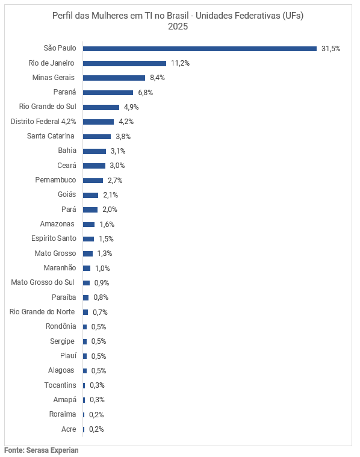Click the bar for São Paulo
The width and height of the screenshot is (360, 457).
pyautogui.click(x=199, y=48)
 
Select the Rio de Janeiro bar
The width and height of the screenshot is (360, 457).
pyautogui.click(x=124, y=63)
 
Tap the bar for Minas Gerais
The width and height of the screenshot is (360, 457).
pyautogui.click(x=114, y=78)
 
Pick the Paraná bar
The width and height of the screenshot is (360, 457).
pyautogui.click(x=108, y=92)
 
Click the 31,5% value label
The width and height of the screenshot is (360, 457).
pyautogui.click(x=331, y=48)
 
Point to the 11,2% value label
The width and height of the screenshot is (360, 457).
pyautogui.click(x=180, y=63)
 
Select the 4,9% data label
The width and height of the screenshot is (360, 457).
pyautogui.click(x=131, y=107)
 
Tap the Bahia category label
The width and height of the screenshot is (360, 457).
pyautogui.click(x=67, y=151)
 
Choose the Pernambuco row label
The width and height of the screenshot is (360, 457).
pyautogui.click(x=55, y=180)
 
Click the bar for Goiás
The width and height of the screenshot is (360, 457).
pyautogui.click(x=90, y=195)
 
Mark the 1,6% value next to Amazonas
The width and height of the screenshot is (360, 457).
pyautogui.click(x=107, y=224)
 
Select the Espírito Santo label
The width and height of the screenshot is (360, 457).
pyautogui.click(x=54, y=238)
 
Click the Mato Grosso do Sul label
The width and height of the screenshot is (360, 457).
pyautogui.click(x=43, y=282)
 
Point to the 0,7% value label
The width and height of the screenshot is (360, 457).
pyautogui.click(x=100, y=312)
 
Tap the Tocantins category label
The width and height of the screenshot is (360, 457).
pyautogui.click(x=60, y=385)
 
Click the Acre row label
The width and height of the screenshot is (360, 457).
pyautogui.click(x=69, y=429)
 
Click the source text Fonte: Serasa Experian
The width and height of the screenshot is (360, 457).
pyautogui.click(x=42, y=450)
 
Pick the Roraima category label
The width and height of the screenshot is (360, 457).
pyautogui.click(x=63, y=414)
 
